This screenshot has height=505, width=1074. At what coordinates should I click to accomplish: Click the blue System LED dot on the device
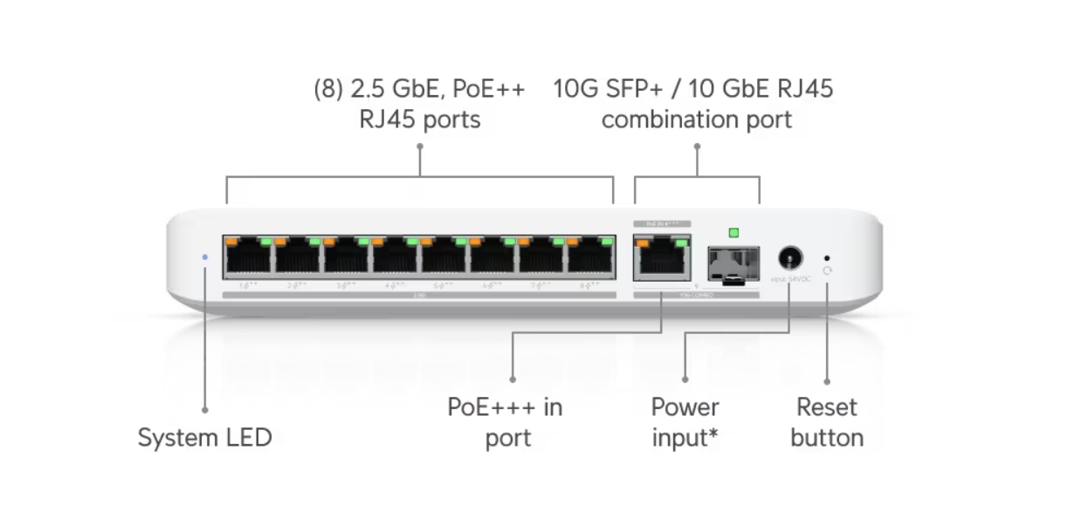[205, 257]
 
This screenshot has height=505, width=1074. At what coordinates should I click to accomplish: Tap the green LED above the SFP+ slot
[733, 233]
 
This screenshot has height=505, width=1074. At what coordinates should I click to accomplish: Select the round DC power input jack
[790, 258]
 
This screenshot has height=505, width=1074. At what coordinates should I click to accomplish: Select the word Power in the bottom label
[685, 407]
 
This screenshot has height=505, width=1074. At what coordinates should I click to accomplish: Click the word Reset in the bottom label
[827, 407]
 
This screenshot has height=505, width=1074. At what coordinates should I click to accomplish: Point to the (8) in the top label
[328, 89]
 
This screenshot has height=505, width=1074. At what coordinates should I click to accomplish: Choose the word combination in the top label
[671, 119]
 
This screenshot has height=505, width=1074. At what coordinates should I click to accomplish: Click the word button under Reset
[827, 438]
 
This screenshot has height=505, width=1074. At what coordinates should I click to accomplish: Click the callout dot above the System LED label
[205, 408]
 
